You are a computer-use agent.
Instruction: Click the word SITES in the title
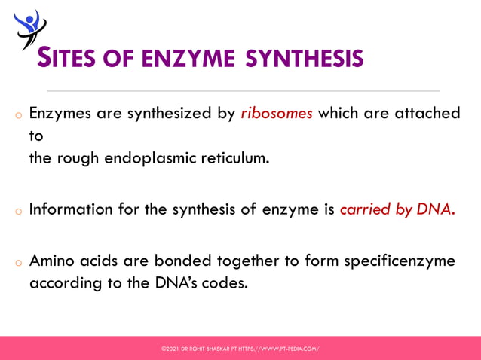pyautogui.click(x=66, y=58)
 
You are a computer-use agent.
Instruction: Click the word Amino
pyautogui.click(x=52, y=261)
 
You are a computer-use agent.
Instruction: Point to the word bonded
pyautogui.click(x=178, y=261)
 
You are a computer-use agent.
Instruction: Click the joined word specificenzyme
pyautogui.click(x=400, y=261)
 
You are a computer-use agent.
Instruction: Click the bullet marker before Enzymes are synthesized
pyautogui.click(x=17, y=117)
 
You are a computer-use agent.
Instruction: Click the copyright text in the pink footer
pyautogui.click(x=240, y=349)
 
